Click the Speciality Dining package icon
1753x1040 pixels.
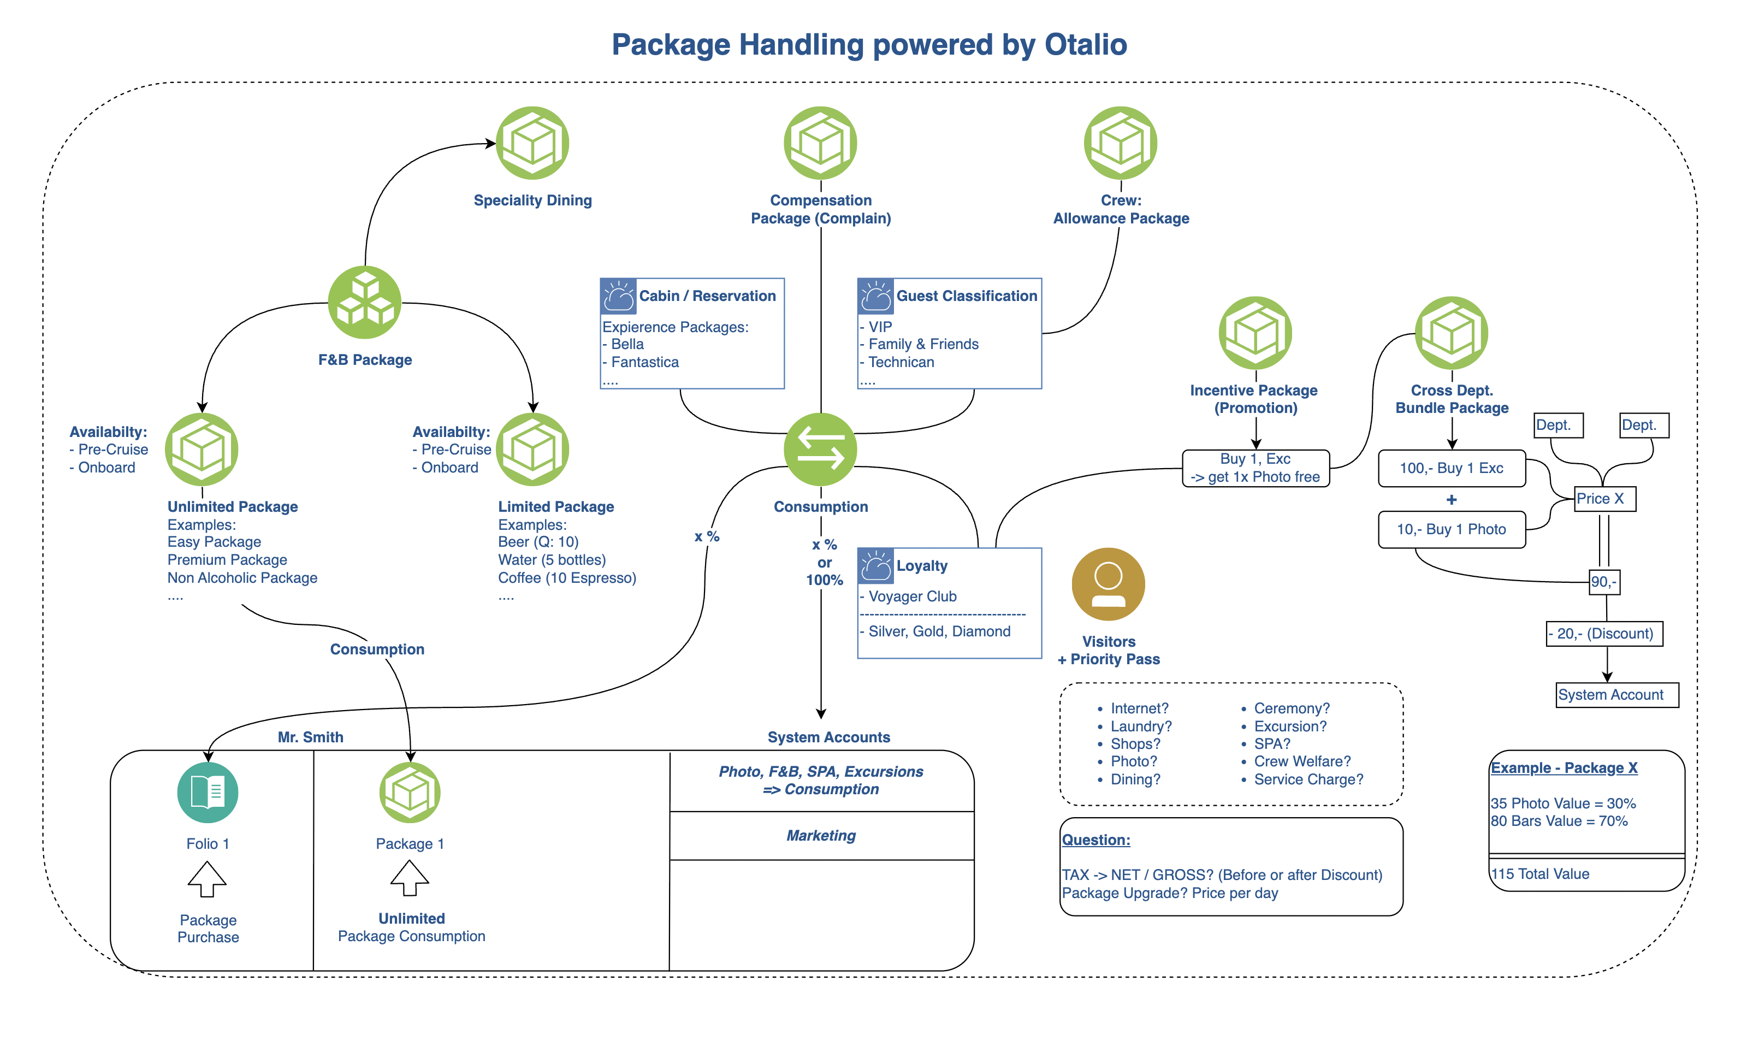tap(532, 143)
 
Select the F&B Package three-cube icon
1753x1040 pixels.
tap(364, 302)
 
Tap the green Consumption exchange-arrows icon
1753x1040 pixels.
tap(820, 449)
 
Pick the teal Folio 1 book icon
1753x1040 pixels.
tap(208, 792)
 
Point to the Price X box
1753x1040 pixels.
tap(1604, 499)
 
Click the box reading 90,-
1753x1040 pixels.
tap(1604, 582)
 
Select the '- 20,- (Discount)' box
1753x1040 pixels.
tap(1604, 634)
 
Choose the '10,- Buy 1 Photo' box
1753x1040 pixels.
tap(1451, 530)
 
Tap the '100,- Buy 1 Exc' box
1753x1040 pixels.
tap(1451, 468)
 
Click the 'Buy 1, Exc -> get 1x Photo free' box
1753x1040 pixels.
tap(1255, 468)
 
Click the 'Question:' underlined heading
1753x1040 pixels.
tap(1096, 840)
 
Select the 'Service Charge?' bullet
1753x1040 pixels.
tap(1308, 779)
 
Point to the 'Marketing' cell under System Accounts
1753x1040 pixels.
tap(821, 835)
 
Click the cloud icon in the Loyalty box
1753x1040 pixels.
tap(876, 565)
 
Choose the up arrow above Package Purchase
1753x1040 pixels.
tap(208, 879)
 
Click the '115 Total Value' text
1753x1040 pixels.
tap(1540, 874)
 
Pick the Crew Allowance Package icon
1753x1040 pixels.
tap(1120, 143)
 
